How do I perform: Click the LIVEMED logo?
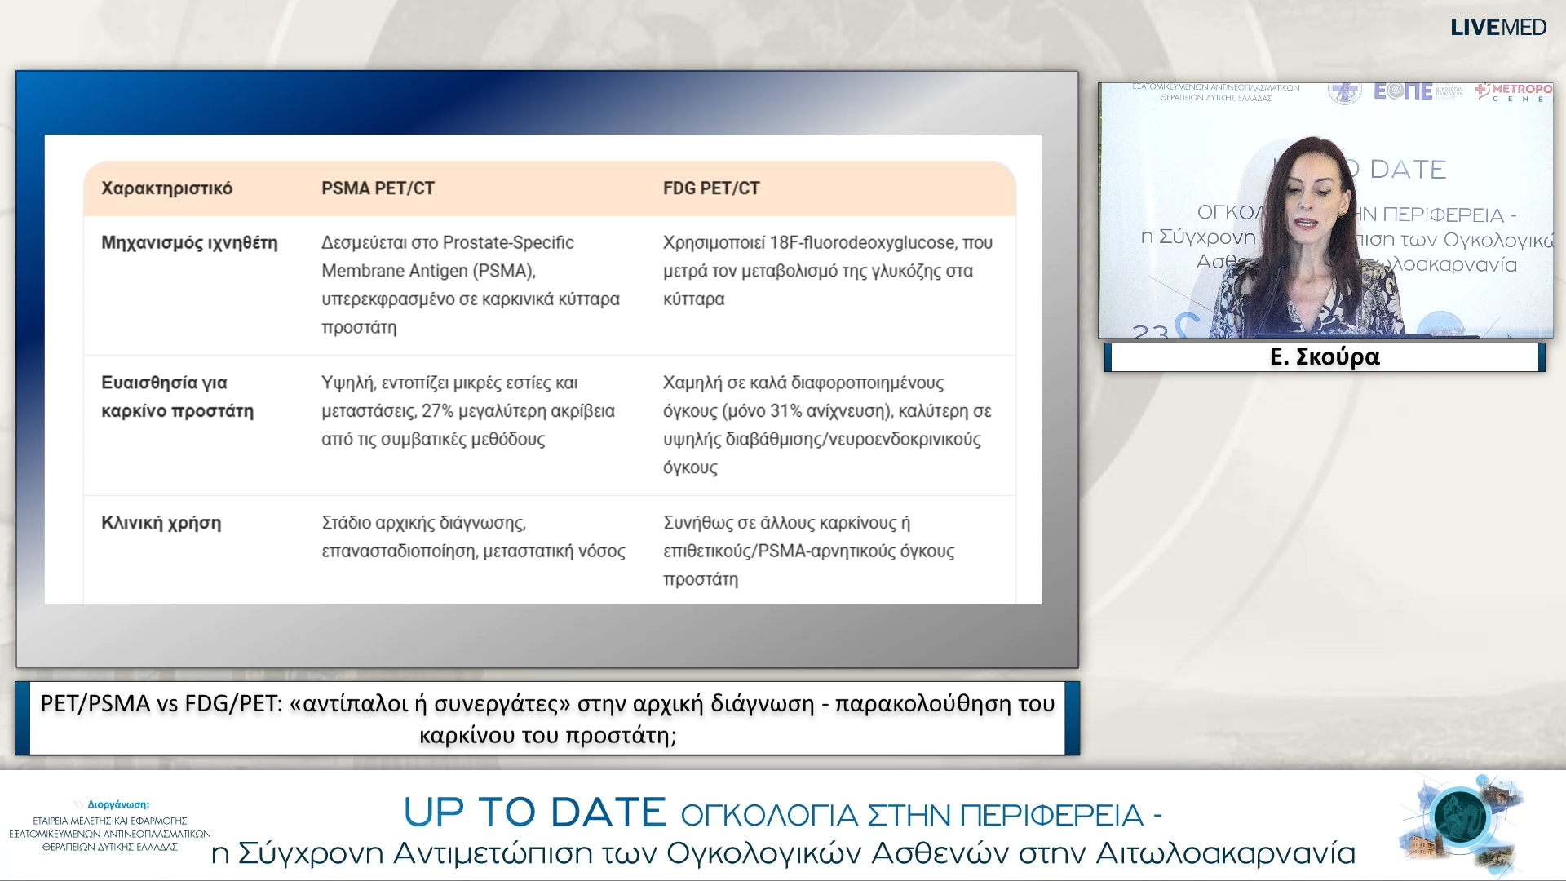click(1497, 28)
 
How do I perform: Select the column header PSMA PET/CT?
click(378, 188)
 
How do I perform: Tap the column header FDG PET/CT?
click(710, 188)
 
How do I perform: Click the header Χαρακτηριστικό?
click(166, 188)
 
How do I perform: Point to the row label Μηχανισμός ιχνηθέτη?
click(189, 243)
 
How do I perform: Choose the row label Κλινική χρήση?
click(161, 523)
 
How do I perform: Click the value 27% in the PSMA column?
click(438, 411)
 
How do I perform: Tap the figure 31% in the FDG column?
click(785, 411)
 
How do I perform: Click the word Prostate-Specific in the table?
click(509, 243)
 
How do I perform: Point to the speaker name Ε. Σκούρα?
click(1325, 357)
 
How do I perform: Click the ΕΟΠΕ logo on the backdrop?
click(1403, 91)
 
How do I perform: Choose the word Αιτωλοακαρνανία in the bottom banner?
click(1225, 853)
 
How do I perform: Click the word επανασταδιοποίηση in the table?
click(398, 551)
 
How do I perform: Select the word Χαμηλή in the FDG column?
click(692, 383)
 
